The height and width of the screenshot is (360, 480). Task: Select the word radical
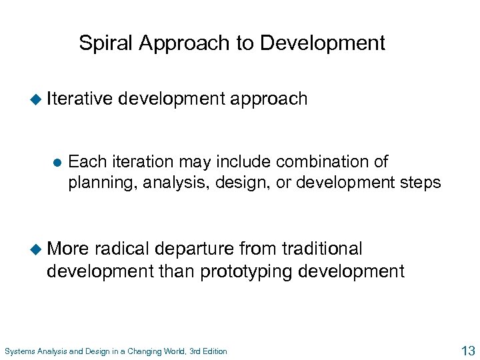[123, 249]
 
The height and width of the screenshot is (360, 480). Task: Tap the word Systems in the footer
[20, 351]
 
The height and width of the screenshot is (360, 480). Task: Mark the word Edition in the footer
[214, 351]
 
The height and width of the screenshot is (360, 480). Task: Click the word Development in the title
[323, 43]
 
